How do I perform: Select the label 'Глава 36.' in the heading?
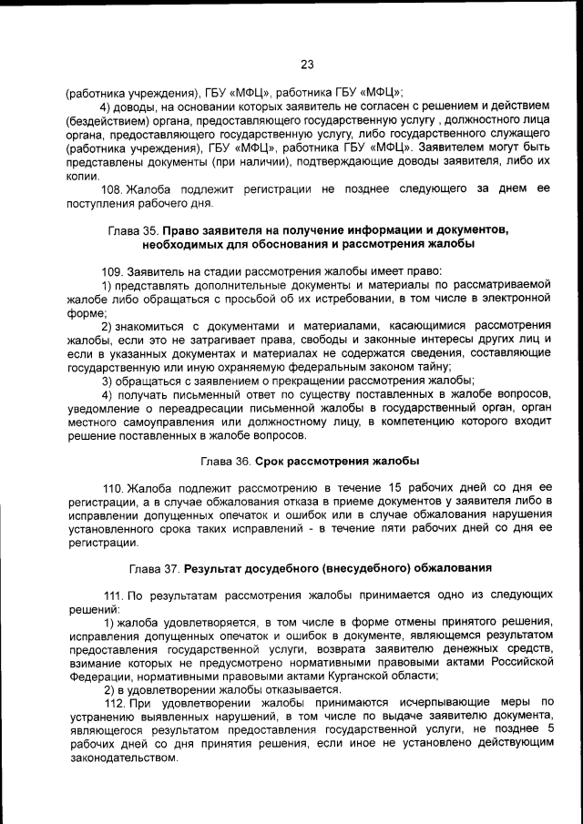226,462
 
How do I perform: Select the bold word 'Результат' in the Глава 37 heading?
214,568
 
